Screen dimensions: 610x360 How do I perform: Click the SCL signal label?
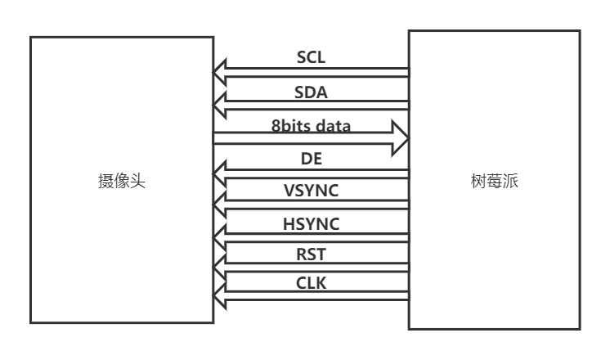pos(312,59)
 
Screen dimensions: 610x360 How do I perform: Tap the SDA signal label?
pos(311,92)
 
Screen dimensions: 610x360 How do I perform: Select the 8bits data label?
pos(311,126)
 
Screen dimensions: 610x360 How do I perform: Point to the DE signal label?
pos(312,160)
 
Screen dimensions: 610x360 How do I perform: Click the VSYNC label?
pos(311,191)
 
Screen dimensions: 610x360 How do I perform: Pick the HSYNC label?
pos(311,224)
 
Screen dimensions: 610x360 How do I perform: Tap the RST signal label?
pos(311,254)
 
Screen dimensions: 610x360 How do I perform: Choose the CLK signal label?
pos(311,284)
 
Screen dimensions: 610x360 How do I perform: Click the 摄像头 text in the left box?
pos(122,181)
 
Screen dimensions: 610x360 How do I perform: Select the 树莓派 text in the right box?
pos(495,181)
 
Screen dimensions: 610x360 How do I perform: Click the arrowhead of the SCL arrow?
pos(222,74)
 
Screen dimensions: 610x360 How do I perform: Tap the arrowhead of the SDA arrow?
pos(222,106)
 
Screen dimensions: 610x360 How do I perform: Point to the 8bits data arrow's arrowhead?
pos(400,138)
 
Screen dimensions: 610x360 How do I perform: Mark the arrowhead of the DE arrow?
pos(222,174)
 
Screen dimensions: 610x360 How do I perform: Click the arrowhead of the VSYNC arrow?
pos(222,205)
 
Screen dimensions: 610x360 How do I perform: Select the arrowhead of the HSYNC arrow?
pos(222,237)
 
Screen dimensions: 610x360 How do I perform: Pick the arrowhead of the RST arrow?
pos(222,268)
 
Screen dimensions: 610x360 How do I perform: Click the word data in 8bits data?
pos(333,126)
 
